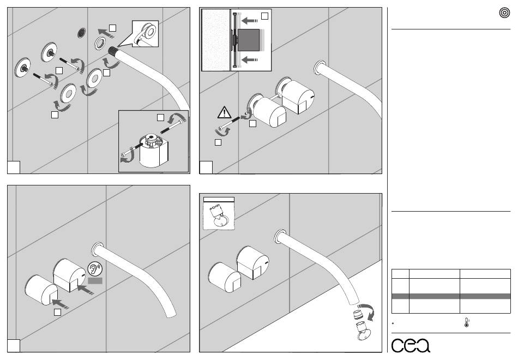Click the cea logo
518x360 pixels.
411,345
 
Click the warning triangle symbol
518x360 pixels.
224,112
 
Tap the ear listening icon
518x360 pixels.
95,269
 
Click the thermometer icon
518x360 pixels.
466,322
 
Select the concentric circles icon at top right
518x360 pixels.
504,13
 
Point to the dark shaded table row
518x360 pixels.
451,296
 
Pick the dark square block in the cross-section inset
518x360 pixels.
248,40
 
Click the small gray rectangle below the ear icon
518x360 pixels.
95,281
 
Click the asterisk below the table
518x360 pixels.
393,323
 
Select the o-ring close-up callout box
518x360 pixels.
146,34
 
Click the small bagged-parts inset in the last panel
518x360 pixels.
219,214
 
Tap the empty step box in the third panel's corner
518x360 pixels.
14,346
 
